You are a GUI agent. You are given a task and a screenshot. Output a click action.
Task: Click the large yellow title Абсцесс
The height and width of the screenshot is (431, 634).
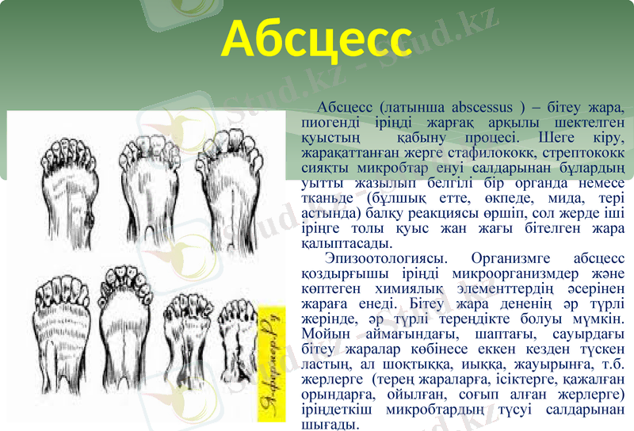(x=317, y=38)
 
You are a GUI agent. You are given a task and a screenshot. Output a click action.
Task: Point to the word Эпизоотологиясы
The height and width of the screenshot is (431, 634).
(x=385, y=259)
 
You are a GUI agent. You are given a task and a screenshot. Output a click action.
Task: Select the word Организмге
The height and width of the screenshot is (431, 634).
(x=514, y=259)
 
